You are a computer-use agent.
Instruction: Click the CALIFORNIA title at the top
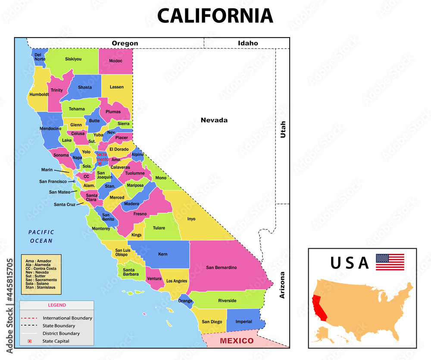click(x=215, y=16)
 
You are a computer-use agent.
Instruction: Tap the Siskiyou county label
click(x=73, y=59)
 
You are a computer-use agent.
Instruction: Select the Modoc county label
click(x=116, y=61)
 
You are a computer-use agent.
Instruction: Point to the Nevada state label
click(x=214, y=120)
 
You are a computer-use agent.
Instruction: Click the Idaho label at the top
click(x=248, y=43)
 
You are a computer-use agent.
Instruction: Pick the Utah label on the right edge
click(x=283, y=129)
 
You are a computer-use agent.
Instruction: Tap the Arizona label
click(x=282, y=285)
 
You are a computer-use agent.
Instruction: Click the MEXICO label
click(x=237, y=341)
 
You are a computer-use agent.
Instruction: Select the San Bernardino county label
click(x=221, y=267)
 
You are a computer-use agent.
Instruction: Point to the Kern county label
click(x=162, y=254)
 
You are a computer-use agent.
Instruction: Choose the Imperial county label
click(x=244, y=322)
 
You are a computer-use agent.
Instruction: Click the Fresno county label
click(x=140, y=214)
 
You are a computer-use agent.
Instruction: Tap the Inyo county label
click(x=191, y=219)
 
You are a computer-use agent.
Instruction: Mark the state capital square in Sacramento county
click(x=100, y=164)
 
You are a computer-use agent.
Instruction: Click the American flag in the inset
click(x=390, y=262)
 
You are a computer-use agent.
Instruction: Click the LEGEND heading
click(x=57, y=305)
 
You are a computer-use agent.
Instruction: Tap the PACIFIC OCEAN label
click(x=41, y=237)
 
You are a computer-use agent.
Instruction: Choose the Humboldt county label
click(x=39, y=94)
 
